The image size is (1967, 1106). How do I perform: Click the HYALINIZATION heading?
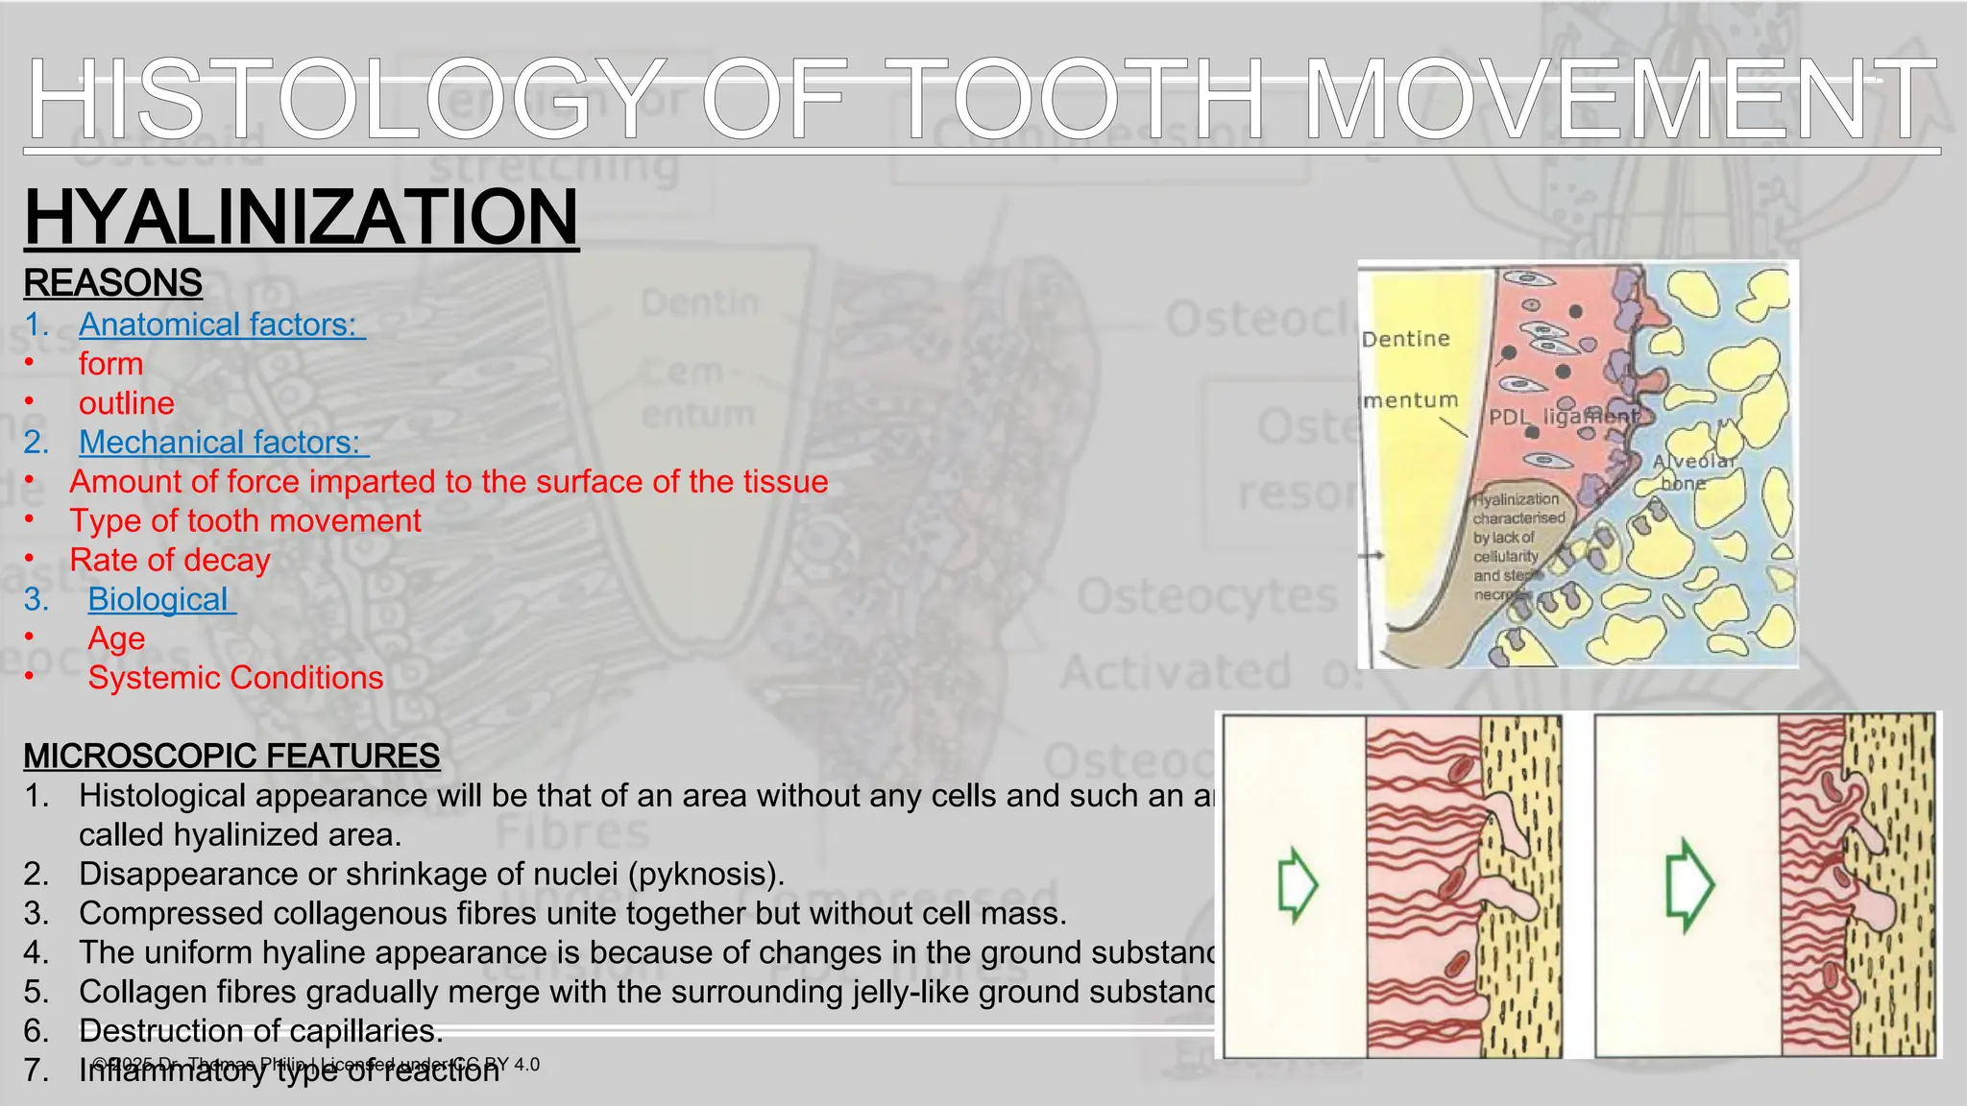[x=301, y=217]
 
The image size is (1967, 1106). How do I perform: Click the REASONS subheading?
[x=112, y=283]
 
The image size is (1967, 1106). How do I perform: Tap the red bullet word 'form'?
[x=110, y=364]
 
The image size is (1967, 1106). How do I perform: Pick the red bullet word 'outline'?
[x=127, y=403]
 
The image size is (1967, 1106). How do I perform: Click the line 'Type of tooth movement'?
[x=245, y=520]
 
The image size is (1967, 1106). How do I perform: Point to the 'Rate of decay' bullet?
[x=170, y=560]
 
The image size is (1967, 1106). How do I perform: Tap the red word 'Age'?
[x=116, y=638]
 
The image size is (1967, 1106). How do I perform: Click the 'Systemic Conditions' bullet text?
[x=235, y=678]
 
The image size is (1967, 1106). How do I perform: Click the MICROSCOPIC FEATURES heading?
[x=231, y=757]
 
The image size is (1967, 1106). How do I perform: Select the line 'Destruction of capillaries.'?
[x=260, y=1031]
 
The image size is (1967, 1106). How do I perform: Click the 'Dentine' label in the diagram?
[x=1405, y=339]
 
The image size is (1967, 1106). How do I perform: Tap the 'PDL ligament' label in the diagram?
[x=1563, y=417]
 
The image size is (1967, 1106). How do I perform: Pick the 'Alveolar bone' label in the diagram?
[x=1693, y=471]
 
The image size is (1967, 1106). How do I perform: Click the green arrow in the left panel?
[x=1297, y=884]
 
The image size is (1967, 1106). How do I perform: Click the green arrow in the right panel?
[x=1688, y=884]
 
